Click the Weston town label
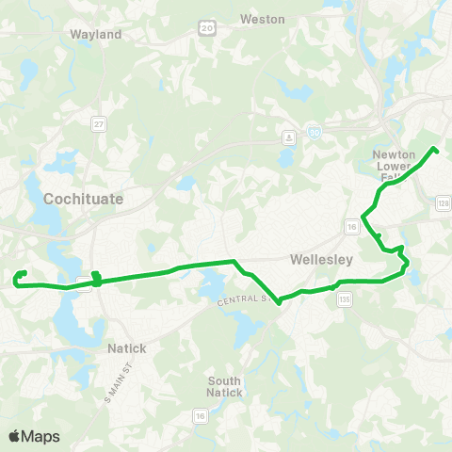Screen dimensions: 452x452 click(263, 19)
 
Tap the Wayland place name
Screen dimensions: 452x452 click(96, 34)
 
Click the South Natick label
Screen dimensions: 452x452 click(224, 387)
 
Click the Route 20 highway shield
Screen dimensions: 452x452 click(206, 30)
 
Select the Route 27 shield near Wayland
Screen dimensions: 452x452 click(98, 123)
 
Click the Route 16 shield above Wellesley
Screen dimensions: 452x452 click(350, 227)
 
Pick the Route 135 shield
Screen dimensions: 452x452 click(345, 299)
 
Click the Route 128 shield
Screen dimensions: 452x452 click(444, 202)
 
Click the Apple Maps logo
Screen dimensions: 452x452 click(34, 436)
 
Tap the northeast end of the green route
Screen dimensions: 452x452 click(435, 149)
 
